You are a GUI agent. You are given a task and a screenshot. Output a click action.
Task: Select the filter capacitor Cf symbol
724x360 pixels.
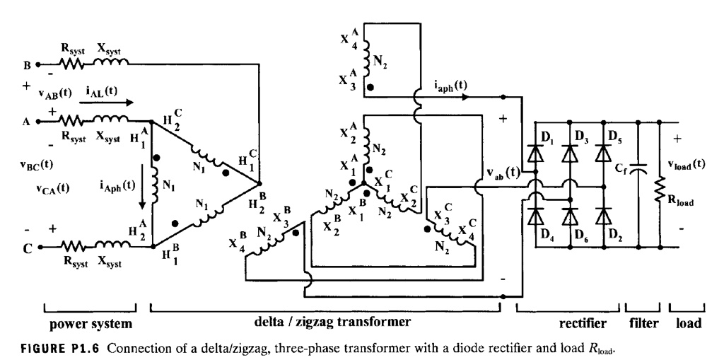[x=640, y=169]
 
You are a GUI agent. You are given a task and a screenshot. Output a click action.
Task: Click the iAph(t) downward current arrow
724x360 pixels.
[x=144, y=187]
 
